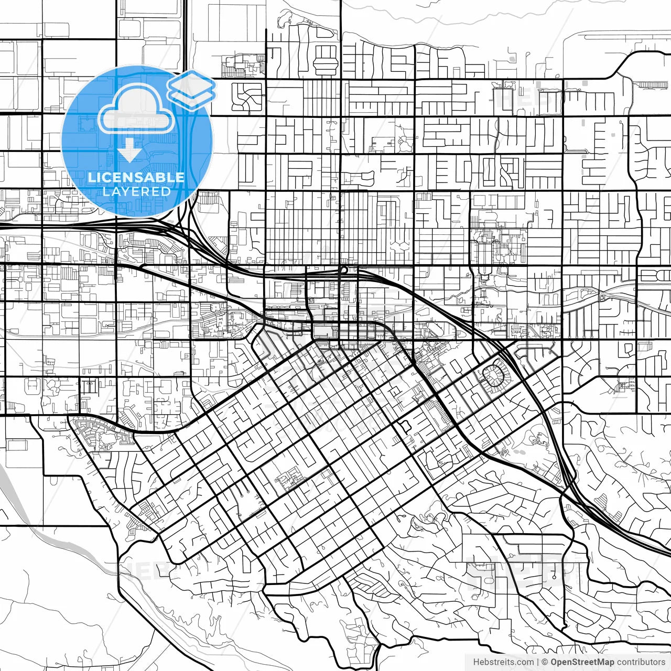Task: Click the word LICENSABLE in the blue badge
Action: coord(136,177)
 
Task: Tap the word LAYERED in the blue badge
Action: coord(136,191)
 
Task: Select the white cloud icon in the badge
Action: coord(136,109)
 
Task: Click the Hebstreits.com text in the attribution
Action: coord(504,662)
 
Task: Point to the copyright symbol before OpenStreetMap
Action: coord(545,662)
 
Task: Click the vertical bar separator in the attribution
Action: coord(538,662)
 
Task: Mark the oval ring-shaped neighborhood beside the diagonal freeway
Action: coord(495,376)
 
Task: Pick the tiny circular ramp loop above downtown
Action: coord(344,270)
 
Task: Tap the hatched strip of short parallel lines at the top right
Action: coord(650,84)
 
